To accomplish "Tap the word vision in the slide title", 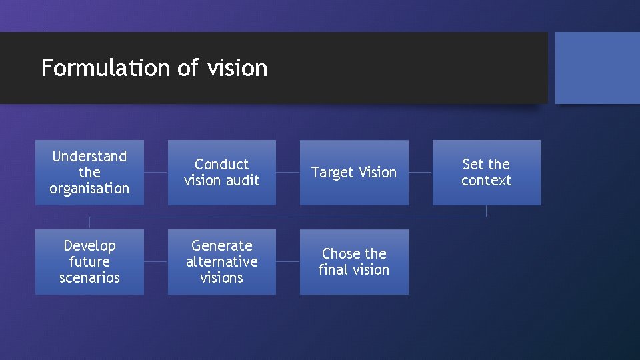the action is coord(237,68).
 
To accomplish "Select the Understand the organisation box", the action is coord(89,172).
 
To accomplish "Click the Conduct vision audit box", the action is coord(221,172).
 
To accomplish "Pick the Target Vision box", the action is coord(354,172).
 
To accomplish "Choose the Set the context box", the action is coord(486,172).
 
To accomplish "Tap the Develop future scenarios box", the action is coord(89,261).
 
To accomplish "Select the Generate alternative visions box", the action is coord(221,261).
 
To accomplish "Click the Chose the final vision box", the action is coord(354,261).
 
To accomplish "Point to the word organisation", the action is coord(89,188).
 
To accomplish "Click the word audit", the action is coord(241,180).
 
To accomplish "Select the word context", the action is coord(486,180).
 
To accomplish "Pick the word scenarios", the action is coord(89,277).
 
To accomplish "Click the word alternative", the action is coord(221,261).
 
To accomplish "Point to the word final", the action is coord(334,269).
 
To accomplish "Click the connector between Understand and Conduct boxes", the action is coord(155,172).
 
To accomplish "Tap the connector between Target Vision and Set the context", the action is coord(420,172).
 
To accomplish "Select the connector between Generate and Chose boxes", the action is coord(287,261).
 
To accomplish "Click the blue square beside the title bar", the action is coord(597,68).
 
